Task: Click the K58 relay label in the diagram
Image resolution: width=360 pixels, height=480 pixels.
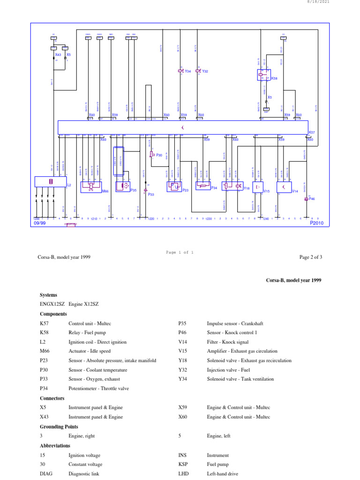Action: point(274,79)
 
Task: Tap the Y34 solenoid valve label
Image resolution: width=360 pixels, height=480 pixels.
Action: point(187,71)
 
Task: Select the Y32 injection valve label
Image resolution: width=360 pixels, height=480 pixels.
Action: point(205,71)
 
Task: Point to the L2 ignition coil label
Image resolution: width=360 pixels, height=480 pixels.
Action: point(68,185)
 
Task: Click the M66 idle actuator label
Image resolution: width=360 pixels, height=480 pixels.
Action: point(105,191)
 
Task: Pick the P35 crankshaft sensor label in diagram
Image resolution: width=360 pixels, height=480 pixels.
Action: point(133,190)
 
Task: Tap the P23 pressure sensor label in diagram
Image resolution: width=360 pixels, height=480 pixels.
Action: point(185,190)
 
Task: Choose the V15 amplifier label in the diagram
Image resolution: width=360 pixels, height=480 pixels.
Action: point(266,191)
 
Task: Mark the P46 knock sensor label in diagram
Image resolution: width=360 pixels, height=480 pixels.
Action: point(312,199)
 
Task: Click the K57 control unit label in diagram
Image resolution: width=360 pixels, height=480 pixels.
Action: point(312,133)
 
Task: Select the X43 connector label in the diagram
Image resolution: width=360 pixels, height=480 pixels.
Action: point(58,55)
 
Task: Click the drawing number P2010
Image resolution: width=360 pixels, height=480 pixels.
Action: point(317,224)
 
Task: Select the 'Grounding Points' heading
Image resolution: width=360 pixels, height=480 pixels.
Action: point(59,427)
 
